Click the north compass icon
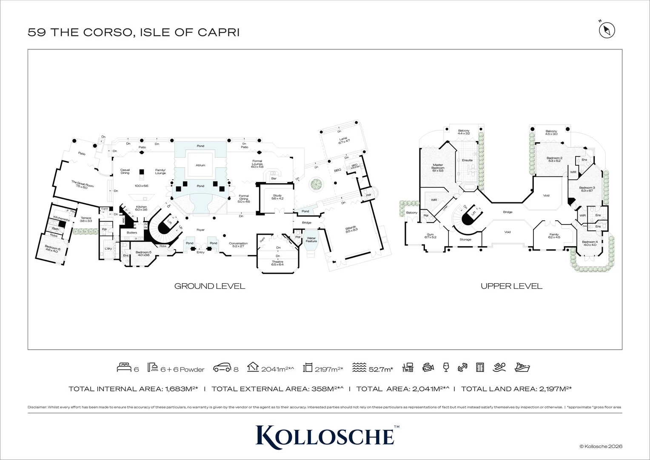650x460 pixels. tap(607, 30)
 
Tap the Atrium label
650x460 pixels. tap(200, 165)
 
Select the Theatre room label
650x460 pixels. tap(277, 263)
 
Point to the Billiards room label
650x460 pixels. tap(351, 229)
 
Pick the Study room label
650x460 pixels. tap(277, 197)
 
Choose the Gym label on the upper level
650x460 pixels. tap(430, 236)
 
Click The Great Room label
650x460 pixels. tap(82, 184)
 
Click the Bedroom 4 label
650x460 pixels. tap(590, 243)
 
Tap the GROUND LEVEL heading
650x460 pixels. tap(210, 286)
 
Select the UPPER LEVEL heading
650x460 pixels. tap(511, 286)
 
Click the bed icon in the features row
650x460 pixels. tap(124, 368)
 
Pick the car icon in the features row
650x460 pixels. tap(222, 368)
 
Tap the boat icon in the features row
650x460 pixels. tap(522, 367)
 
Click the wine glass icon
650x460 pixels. tap(446, 367)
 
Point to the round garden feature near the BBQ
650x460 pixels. tap(316, 185)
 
